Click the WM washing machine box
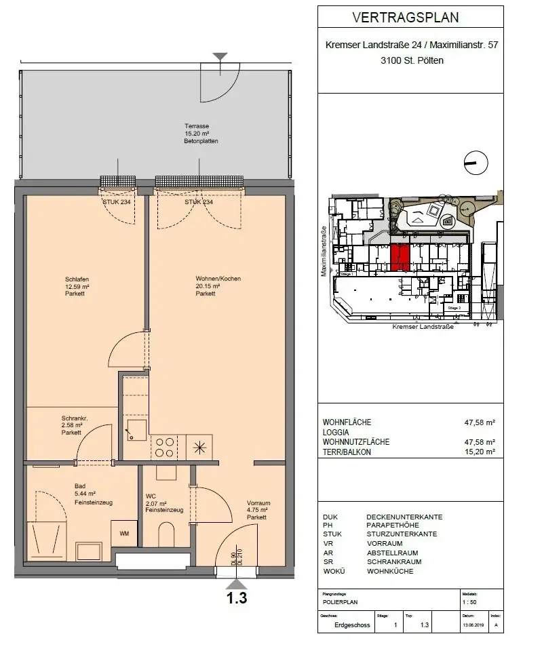(x=124, y=533)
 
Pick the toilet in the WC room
(x=166, y=536)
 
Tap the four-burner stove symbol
(x=165, y=447)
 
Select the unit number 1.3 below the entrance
(x=237, y=598)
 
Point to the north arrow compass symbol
(x=473, y=161)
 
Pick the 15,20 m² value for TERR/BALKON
(x=480, y=452)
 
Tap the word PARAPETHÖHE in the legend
(x=395, y=525)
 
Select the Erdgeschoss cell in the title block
(x=353, y=625)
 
